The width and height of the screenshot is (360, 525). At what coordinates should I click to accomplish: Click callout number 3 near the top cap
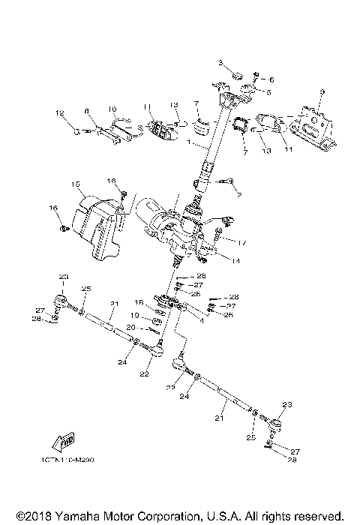(x=221, y=61)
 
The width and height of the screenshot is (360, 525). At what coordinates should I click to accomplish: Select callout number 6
(x=271, y=79)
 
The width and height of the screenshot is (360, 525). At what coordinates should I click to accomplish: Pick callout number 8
(x=87, y=111)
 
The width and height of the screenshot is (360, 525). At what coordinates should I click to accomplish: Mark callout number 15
(x=75, y=184)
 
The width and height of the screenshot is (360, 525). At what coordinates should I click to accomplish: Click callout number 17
(x=241, y=242)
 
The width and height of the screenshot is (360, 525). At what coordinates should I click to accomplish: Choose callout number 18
(x=139, y=303)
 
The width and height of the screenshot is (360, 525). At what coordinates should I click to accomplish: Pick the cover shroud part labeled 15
(x=100, y=225)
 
